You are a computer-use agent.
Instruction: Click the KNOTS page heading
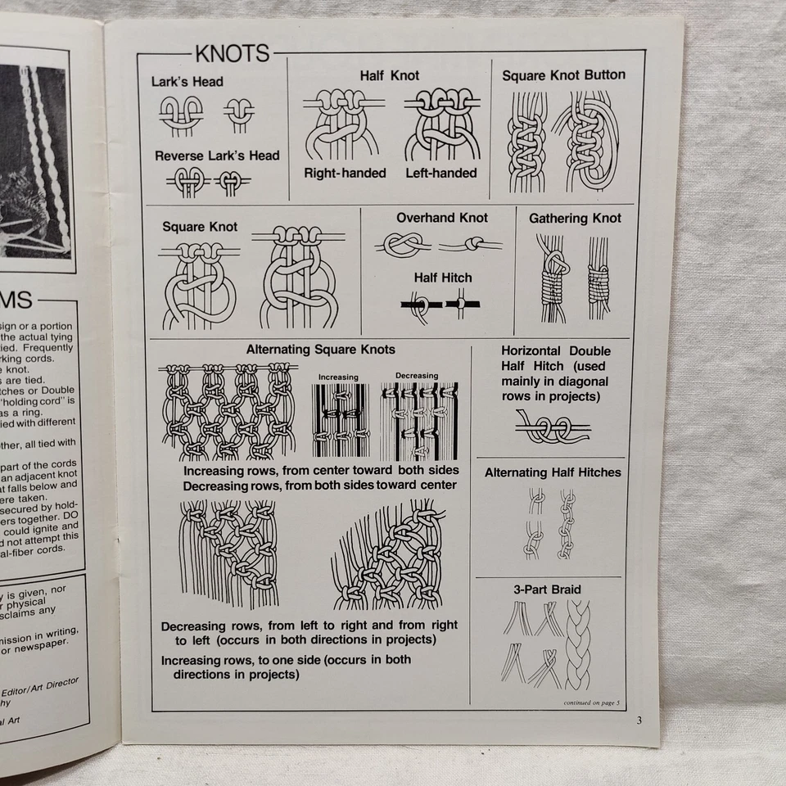point(232,54)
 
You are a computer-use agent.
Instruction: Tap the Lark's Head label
point(187,82)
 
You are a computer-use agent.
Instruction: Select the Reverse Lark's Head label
point(217,156)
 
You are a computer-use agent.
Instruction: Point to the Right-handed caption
point(345,173)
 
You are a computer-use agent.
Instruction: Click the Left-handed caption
point(440,173)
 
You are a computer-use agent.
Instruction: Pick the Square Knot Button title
point(563,75)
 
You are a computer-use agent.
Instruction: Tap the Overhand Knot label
point(441,218)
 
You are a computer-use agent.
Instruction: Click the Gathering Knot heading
point(575,219)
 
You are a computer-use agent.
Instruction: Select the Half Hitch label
point(442,278)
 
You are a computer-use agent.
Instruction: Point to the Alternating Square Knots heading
point(320,350)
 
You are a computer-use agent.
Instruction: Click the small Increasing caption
point(338,377)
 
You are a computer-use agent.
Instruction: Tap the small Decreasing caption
point(417,376)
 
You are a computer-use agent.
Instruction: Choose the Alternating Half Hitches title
point(553,472)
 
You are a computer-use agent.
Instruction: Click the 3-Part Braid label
point(547,589)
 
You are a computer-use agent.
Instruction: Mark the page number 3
point(639,720)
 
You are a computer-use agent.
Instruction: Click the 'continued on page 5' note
point(592,702)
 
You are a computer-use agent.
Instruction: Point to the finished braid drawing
point(578,644)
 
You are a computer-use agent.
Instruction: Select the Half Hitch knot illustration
point(441,306)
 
